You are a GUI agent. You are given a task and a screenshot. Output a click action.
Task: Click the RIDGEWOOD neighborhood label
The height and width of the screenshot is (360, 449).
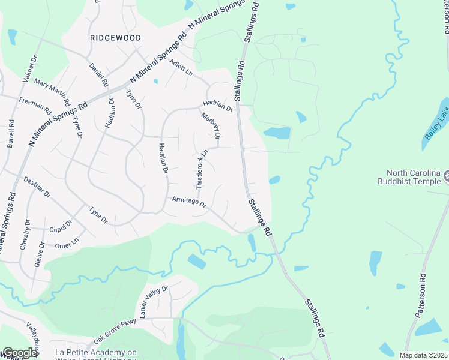tap(115, 38)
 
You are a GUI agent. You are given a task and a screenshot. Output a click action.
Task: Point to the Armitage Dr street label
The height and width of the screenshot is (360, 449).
tap(189, 202)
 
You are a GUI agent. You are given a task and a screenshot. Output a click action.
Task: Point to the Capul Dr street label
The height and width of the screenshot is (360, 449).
tap(61, 226)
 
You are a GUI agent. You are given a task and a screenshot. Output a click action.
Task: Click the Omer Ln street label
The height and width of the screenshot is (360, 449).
tap(67, 241)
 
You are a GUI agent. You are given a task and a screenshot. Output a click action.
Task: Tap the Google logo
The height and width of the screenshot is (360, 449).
tap(20, 353)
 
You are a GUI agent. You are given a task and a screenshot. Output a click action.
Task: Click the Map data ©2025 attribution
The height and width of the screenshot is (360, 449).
tap(424, 355)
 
